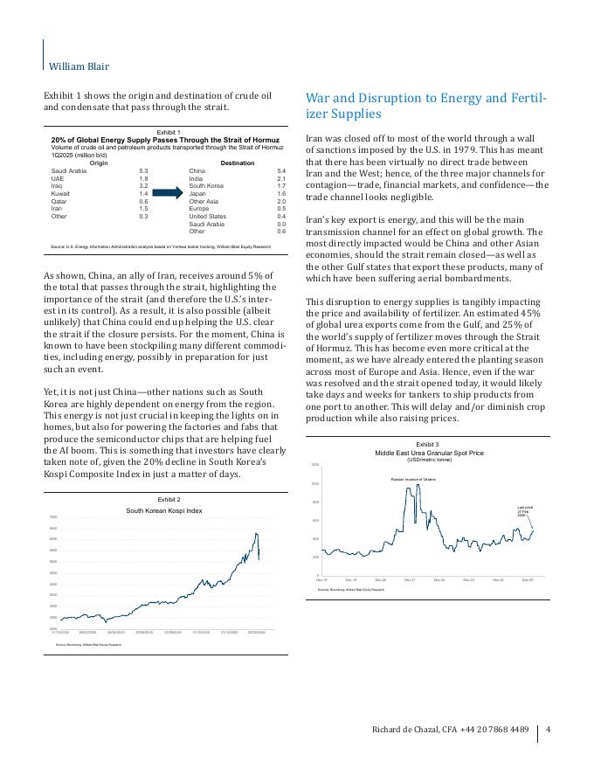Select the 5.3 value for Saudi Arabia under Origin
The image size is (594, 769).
[143, 171]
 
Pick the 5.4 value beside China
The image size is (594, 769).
[280, 171]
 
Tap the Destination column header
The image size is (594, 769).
[238, 163]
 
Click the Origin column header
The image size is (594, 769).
[99, 163]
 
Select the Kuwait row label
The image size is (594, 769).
[61, 193]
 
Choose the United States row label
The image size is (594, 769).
[207, 216]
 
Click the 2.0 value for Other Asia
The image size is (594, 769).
[280, 201]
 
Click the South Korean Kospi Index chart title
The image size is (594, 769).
[164, 510]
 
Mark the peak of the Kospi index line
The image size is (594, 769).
[257, 533]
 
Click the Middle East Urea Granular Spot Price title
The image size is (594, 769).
[429, 454]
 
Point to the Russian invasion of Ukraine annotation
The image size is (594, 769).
[412, 480]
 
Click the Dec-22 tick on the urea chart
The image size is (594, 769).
[439, 580]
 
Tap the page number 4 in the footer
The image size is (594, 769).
[559, 730]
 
